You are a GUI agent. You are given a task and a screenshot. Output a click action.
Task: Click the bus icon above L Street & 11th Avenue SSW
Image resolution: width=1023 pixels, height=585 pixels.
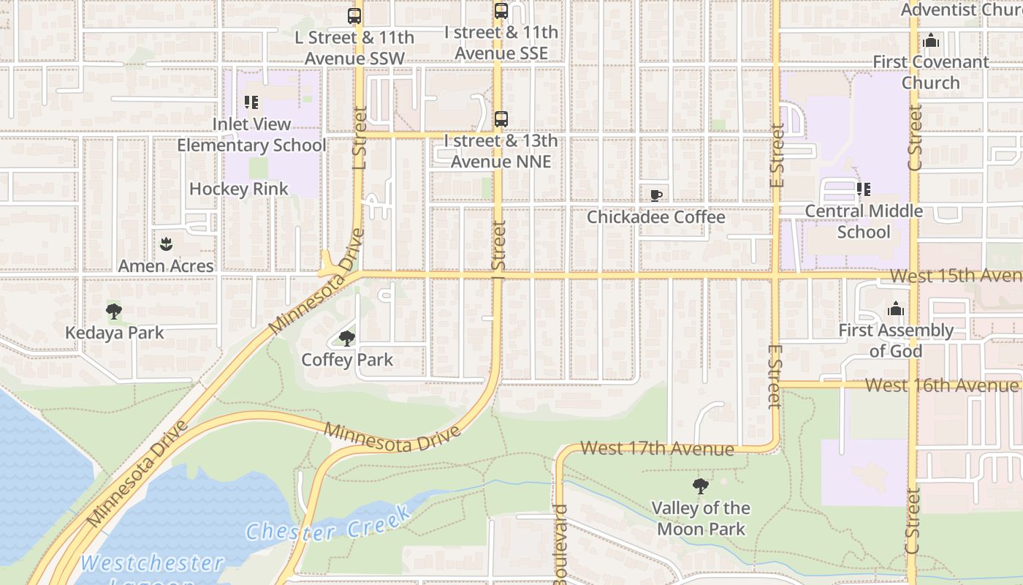click(354, 15)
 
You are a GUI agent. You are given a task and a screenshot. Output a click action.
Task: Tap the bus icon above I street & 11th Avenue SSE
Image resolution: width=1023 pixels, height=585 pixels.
click(501, 11)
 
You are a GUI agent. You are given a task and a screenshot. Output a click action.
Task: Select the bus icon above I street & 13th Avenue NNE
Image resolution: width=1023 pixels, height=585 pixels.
click(501, 119)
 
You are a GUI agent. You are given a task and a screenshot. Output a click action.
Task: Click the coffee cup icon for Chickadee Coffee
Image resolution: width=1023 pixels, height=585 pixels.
click(655, 195)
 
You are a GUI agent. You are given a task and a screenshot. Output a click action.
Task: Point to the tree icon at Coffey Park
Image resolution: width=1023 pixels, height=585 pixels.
click(347, 338)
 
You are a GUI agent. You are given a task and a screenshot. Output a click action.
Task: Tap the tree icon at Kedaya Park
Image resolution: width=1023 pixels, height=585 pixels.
click(114, 312)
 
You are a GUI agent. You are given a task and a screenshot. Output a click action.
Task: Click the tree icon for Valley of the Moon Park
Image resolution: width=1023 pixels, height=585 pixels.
click(700, 486)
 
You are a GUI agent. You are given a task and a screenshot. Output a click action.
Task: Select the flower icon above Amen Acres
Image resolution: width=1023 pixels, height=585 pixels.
click(166, 244)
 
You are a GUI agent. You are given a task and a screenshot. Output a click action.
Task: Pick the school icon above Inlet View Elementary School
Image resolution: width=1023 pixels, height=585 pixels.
click(251, 102)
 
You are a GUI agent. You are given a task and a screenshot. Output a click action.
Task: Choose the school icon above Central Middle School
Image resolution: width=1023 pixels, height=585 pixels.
click(864, 189)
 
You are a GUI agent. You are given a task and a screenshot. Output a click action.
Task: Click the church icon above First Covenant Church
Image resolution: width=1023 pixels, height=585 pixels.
click(930, 41)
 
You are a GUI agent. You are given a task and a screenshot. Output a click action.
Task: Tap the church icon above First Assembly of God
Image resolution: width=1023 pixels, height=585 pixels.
click(895, 309)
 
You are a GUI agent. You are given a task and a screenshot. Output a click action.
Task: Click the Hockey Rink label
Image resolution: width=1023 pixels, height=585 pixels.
click(239, 189)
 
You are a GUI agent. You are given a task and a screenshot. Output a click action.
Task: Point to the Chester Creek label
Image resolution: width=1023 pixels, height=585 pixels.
click(328, 524)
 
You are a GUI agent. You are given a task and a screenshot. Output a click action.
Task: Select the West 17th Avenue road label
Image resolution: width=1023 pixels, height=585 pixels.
click(657, 448)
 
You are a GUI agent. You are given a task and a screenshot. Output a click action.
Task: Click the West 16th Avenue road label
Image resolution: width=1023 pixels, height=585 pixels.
click(941, 385)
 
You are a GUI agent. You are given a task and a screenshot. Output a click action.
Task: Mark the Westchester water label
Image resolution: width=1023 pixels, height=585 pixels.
click(152, 563)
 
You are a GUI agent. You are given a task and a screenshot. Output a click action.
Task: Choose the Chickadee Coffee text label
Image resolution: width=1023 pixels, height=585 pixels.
click(655, 217)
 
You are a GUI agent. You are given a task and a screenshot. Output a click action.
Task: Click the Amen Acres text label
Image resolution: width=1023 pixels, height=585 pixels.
click(166, 265)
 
